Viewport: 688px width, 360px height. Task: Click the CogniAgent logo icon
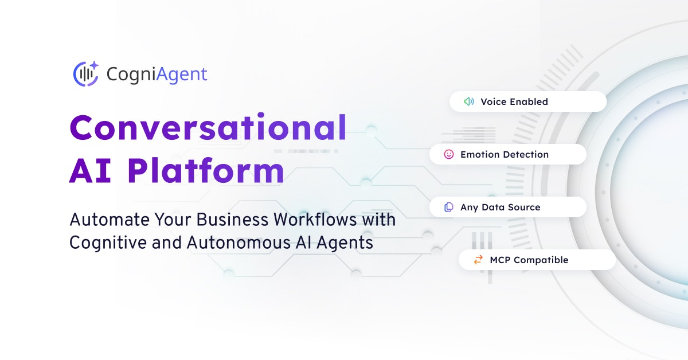click(85, 74)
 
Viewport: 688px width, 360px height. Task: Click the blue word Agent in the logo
click(182, 75)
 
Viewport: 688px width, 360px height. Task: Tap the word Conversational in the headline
click(208, 127)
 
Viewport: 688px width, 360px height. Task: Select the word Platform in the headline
click(205, 171)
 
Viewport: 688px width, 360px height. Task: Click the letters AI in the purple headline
click(90, 171)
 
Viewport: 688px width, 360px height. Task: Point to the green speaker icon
click(469, 101)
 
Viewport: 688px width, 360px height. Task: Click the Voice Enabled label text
click(514, 101)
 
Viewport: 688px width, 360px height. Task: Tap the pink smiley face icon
click(449, 154)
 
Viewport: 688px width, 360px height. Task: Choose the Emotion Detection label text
click(505, 155)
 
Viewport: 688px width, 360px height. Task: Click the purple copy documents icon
click(449, 207)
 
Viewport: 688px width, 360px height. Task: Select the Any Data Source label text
click(500, 208)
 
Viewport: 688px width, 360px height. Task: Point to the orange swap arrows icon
click(478, 260)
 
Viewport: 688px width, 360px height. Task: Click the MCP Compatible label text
click(529, 260)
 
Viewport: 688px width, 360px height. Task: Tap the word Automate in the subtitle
click(110, 220)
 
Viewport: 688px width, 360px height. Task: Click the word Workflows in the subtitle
click(315, 220)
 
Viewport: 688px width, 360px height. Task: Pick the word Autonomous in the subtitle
click(239, 242)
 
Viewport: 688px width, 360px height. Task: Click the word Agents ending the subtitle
click(345, 243)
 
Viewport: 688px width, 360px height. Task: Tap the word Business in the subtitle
click(232, 220)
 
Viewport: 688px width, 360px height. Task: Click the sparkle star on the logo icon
click(94, 65)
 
